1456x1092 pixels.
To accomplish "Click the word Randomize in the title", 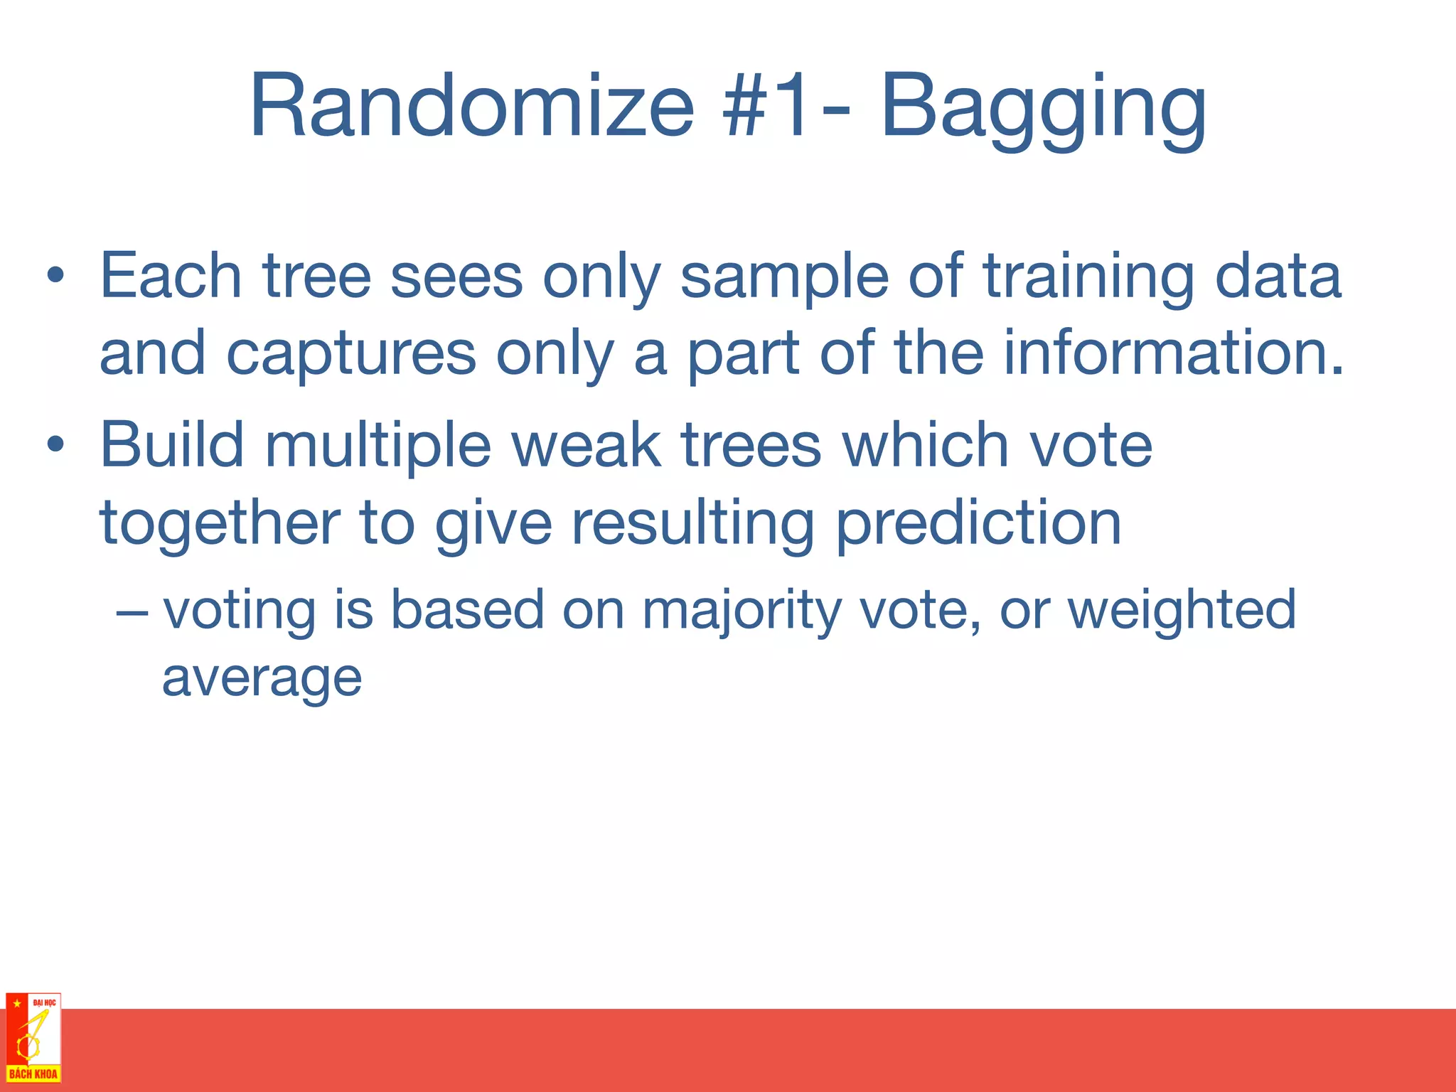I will (471, 107).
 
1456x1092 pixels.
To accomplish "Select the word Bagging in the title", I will (1043, 107).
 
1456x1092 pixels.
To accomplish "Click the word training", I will (1088, 277).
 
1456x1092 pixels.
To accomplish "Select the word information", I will (1173, 353).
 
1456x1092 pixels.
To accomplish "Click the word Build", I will (172, 445).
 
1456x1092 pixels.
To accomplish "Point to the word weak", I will (587, 445).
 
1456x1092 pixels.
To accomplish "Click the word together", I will (220, 525).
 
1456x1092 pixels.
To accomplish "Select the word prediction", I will (978, 525).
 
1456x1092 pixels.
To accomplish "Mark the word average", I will (262, 678).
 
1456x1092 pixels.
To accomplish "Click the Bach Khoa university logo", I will (33, 1038).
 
